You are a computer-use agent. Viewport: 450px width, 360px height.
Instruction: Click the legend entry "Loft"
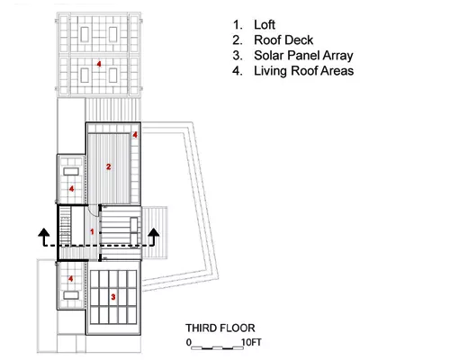click(265, 24)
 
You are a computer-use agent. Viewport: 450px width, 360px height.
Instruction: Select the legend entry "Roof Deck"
click(283, 40)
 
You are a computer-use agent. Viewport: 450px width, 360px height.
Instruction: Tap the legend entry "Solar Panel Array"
click(303, 56)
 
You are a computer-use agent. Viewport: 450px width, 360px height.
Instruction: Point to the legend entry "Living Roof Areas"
click(304, 71)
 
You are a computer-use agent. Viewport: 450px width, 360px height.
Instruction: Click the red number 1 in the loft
click(92, 231)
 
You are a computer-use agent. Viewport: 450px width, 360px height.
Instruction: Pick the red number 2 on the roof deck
click(109, 166)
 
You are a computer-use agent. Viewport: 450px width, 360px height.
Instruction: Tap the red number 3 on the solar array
click(113, 297)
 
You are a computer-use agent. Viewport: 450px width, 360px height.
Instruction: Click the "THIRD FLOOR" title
click(220, 328)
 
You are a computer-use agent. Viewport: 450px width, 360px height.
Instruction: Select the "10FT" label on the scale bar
click(251, 342)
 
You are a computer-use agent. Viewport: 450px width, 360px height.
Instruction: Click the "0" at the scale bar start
click(188, 342)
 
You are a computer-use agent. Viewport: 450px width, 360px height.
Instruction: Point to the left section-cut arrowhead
click(44, 231)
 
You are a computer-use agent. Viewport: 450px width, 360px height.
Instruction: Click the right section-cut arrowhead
click(154, 231)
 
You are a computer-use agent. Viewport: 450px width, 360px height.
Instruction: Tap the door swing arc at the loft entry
click(94, 210)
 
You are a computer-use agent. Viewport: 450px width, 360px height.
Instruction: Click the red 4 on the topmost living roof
click(99, 64)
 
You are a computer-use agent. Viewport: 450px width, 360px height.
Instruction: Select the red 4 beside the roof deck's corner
click(135, 135)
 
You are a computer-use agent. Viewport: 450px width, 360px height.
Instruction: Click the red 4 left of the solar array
click(70, 279)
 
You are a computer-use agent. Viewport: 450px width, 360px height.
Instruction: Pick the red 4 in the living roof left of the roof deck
click(71, 189)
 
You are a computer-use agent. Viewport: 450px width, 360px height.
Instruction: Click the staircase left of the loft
click(65, 226)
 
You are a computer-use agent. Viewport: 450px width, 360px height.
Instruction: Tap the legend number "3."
click(238, 56)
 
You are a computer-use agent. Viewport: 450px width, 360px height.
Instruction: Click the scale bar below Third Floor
click(218, 348)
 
